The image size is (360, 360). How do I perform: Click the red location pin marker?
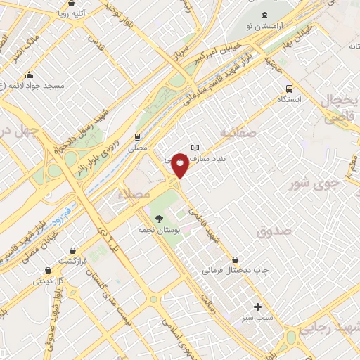point(181,165)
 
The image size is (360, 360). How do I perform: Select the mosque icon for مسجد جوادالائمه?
point(29,75)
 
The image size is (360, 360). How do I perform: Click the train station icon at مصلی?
point(137,137)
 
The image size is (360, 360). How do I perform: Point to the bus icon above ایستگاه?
point(288,89)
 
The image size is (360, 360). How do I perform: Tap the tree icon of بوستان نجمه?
point(159,219)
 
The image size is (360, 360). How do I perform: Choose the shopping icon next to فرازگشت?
point(72,249)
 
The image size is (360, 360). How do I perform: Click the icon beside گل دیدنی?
point(47,269)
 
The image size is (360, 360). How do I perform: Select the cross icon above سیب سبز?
point(258,307)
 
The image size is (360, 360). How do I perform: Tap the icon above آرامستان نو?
point(264,15)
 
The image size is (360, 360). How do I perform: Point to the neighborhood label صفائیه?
point(238,132)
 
